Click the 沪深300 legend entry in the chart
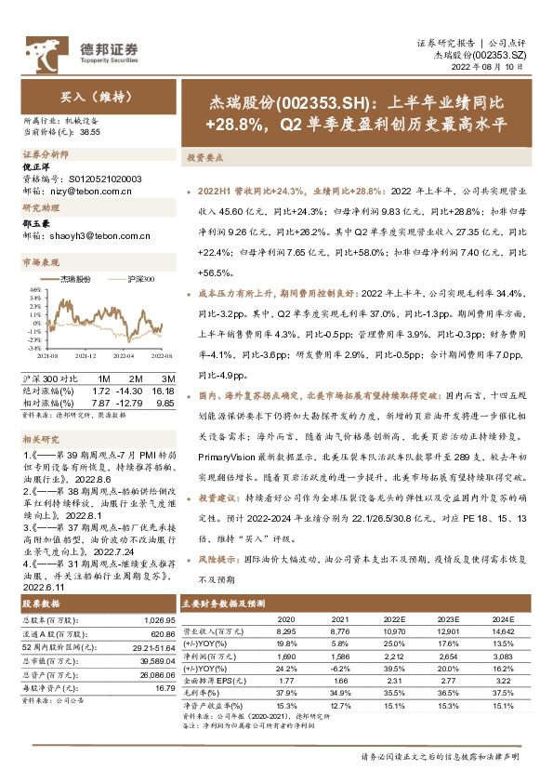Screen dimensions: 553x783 139,279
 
